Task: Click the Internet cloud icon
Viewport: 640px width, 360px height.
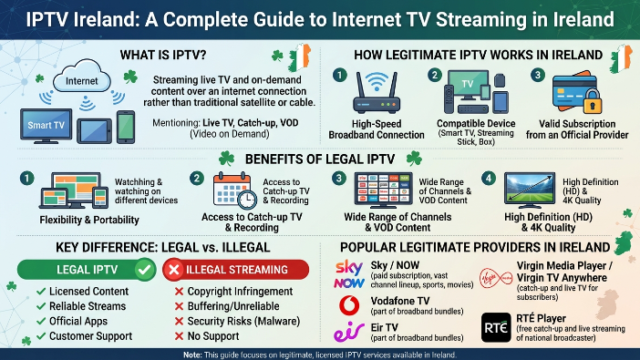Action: pyautogui.click(x=82, y=77)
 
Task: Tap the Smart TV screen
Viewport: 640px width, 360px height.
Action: pyautogui.click(x=46, y=125)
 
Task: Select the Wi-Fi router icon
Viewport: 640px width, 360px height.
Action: pyautogui.click(x=377, y=93)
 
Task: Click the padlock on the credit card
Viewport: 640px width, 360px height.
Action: pyautogui.click(x=593, y=102)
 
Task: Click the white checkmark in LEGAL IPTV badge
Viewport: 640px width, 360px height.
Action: pyautogui.click(x=144, y=270)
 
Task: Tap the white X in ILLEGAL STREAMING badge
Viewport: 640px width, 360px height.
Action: pyautogui.click(x=174, y=270)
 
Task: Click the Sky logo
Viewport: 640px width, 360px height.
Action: pyautogui.click(x=349, y=267)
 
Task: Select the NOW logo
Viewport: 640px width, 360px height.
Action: pyautogui.click(x=349, y=283)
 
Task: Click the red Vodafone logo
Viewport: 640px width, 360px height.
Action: pyautogui.click(x=350, y=305)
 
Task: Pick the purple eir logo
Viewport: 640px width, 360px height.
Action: pyautogui.click(x=349, y=331)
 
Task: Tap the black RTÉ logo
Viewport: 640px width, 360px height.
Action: pyautogui.click(x=496, y=327)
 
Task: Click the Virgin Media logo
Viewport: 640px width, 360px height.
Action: pyautogui.click(x=496, y=278)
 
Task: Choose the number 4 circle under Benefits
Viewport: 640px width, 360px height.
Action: pyautogui.click(x=489, y=179)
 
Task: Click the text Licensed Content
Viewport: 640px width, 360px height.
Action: pyautogui.click(x=88, y=292)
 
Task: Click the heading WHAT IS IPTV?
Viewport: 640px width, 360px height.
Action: pyautogui.click(x=163, y=55)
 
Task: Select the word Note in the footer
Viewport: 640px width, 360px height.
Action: pyautogui.click(x=191, y=355)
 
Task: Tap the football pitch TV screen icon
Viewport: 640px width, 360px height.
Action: pyautogui.click(x=530, y=190)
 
